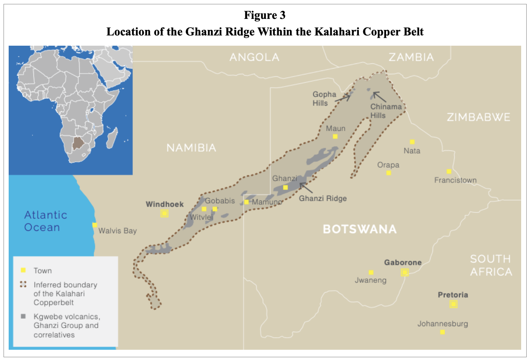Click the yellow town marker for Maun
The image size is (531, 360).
(335, 136)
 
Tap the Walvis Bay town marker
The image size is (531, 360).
(95, 225)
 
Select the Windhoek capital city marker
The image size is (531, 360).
(164, 213)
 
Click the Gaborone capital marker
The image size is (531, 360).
(405, 272)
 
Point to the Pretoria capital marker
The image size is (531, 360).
(453, 304)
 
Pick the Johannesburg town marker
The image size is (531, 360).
(442, 332)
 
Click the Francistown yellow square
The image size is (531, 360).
(449, 171)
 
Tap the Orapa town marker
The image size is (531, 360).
(388, 173)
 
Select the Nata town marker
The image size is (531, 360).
(412, 142)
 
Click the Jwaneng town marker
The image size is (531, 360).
(371, 272)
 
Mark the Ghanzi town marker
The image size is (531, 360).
(285, 187)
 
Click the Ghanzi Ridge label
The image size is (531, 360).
(323, 198)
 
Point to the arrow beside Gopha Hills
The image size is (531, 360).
(343, 98)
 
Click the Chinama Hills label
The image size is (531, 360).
(386, 111)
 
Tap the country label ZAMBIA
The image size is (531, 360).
(411, 57)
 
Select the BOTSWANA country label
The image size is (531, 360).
(360, 229)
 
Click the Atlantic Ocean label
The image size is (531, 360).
(45, 221)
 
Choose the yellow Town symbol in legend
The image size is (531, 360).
(23, 270)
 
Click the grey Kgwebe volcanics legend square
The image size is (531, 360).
(23, 316)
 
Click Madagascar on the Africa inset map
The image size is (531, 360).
(112, 140)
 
